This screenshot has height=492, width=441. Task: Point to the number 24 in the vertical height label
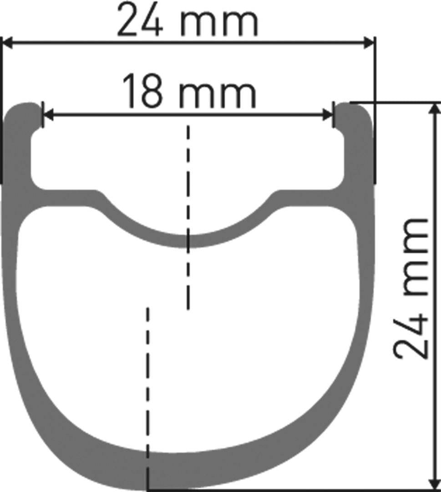click(411, 333)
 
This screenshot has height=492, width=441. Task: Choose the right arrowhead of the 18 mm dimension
click(329, 115)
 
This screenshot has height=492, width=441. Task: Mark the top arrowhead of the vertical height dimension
click(435, 108)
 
